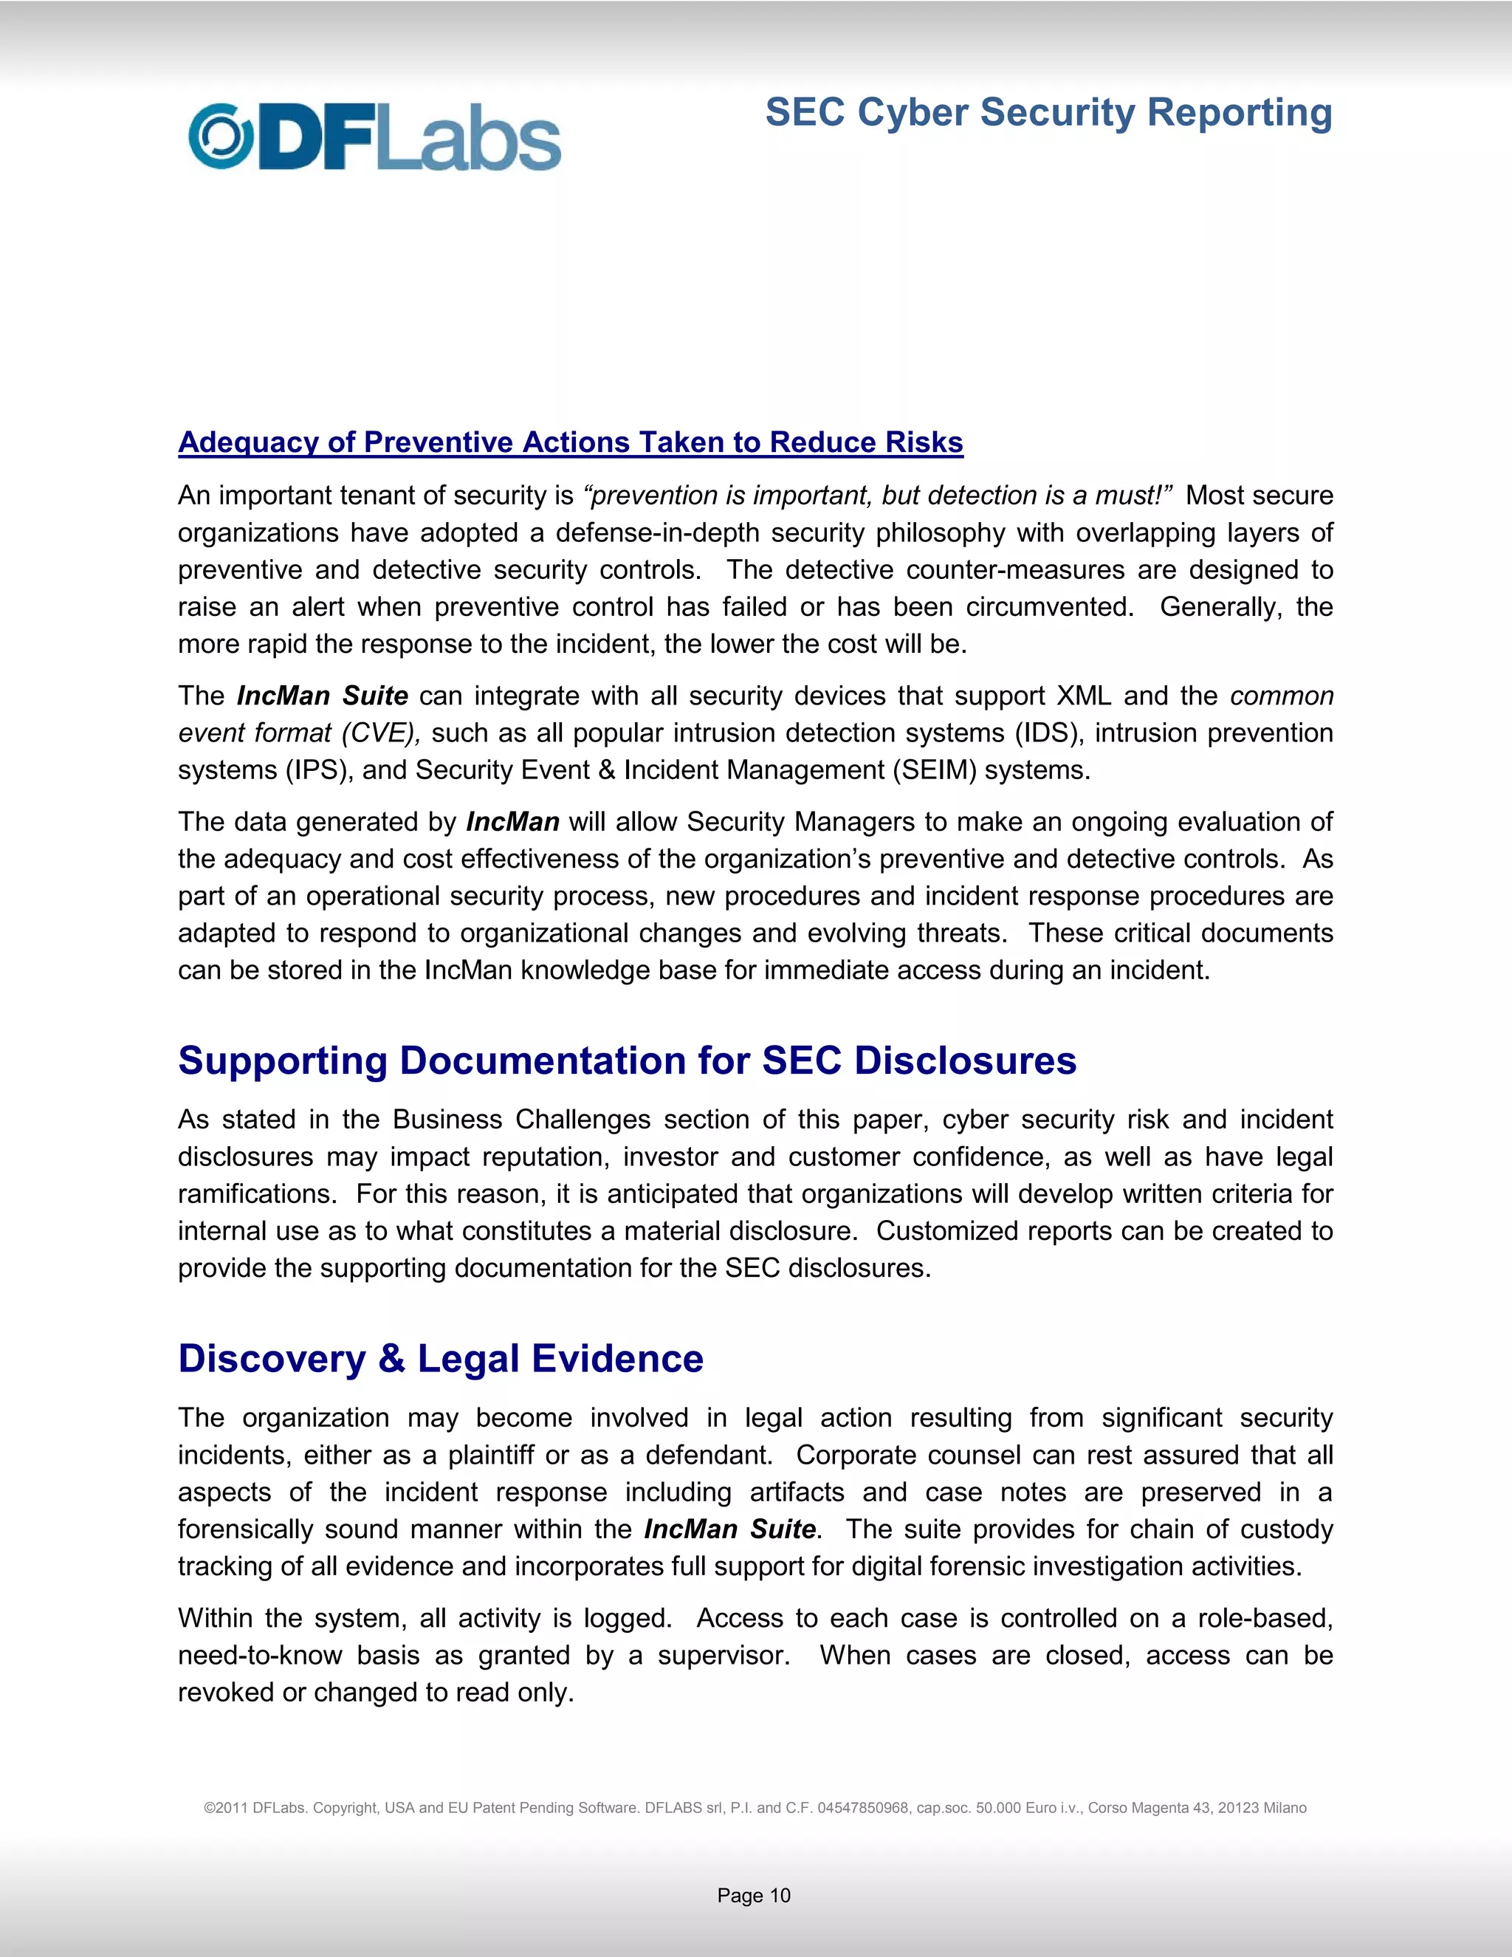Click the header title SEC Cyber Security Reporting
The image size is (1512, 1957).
pyautogui.click(x=1048, y=113)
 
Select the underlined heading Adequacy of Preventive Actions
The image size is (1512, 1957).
pyautogui.click(x=570, y=442)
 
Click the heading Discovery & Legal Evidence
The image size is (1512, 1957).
pyautogui.click(x=440, y=1358)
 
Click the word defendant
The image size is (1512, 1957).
pyautogui.click(x=707, y=1456)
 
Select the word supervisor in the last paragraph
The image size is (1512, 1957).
pyautogui.click(x=722, y=1655)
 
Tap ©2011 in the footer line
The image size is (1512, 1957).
pyautogui.click(x=225, y=1809)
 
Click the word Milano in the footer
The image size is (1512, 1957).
pyautogui.click(x=1285, y=1809)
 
